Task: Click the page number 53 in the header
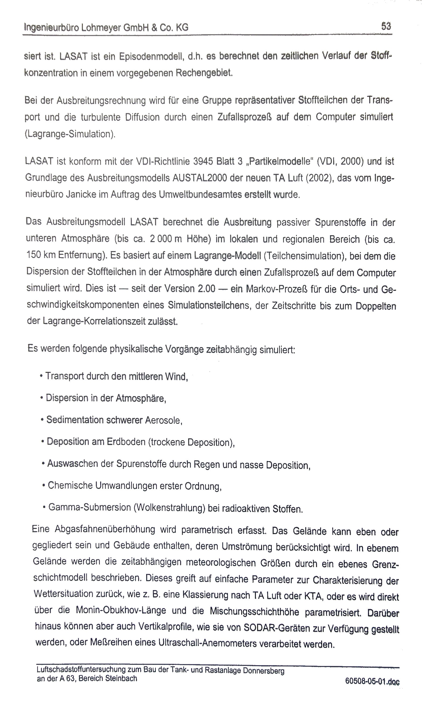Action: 386,26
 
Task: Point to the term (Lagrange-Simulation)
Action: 70,134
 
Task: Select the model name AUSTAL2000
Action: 200,178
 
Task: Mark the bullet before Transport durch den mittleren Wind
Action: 41,376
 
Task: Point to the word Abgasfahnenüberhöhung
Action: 105,529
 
